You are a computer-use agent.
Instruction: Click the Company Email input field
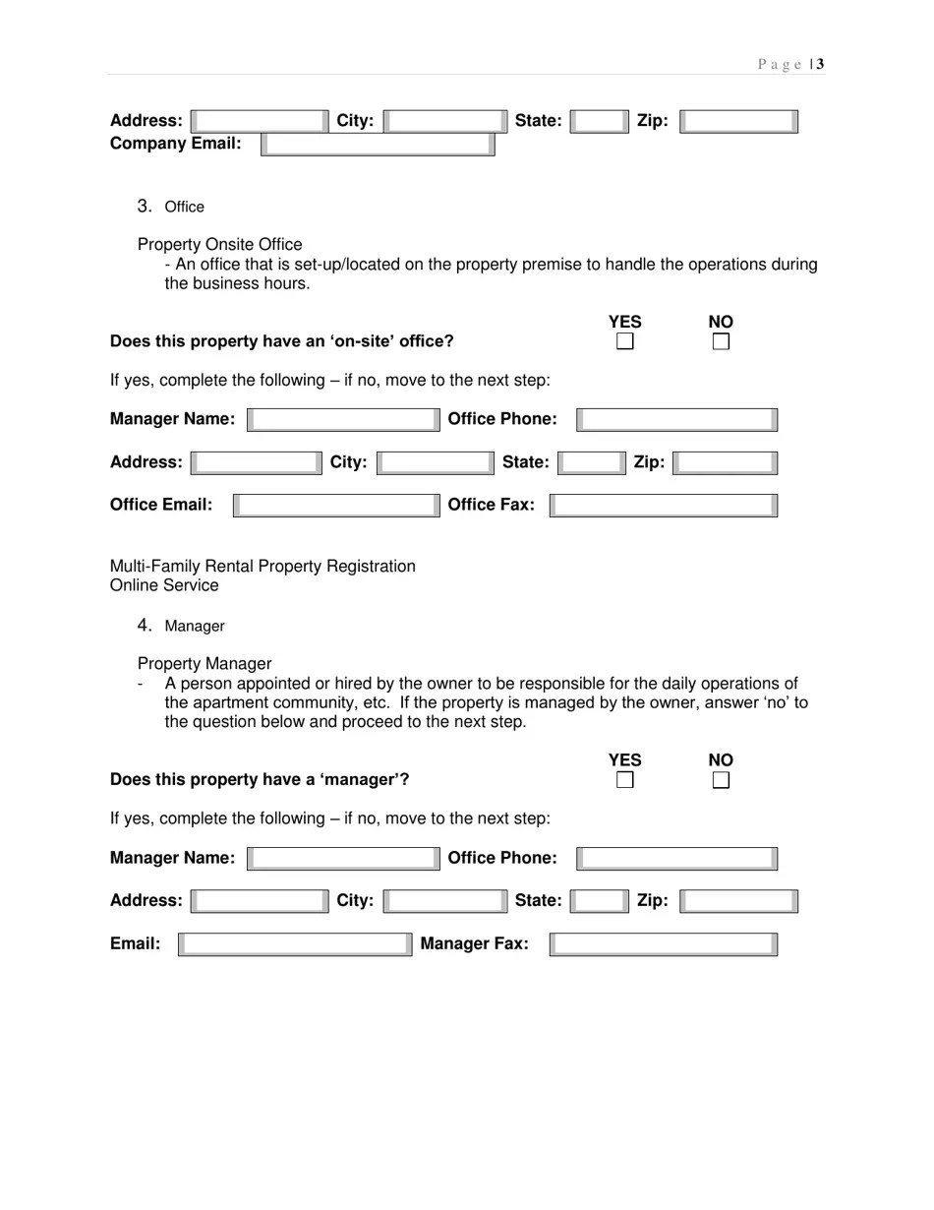378,145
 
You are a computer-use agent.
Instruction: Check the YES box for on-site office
624,342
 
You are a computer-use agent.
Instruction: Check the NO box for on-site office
721,342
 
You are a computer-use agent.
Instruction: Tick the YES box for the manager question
624,780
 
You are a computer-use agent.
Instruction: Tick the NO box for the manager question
721,780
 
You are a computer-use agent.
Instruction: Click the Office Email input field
336,506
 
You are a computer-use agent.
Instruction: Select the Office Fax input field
664,506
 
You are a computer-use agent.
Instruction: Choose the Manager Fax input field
664,944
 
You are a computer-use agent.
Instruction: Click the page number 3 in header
820,65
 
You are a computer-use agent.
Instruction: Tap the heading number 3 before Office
145,206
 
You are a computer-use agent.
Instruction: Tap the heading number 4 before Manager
145,625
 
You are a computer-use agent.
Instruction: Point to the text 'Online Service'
164,585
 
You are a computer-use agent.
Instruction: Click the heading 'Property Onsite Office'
220,244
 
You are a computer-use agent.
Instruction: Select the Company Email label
176,144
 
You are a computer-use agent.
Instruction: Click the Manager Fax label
474,944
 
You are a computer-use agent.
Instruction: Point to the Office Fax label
492,505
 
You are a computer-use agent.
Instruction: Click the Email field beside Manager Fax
295,944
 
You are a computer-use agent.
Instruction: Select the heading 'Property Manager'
204,664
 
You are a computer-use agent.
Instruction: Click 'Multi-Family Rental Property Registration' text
263,567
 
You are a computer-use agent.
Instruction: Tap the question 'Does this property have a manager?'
260,780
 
